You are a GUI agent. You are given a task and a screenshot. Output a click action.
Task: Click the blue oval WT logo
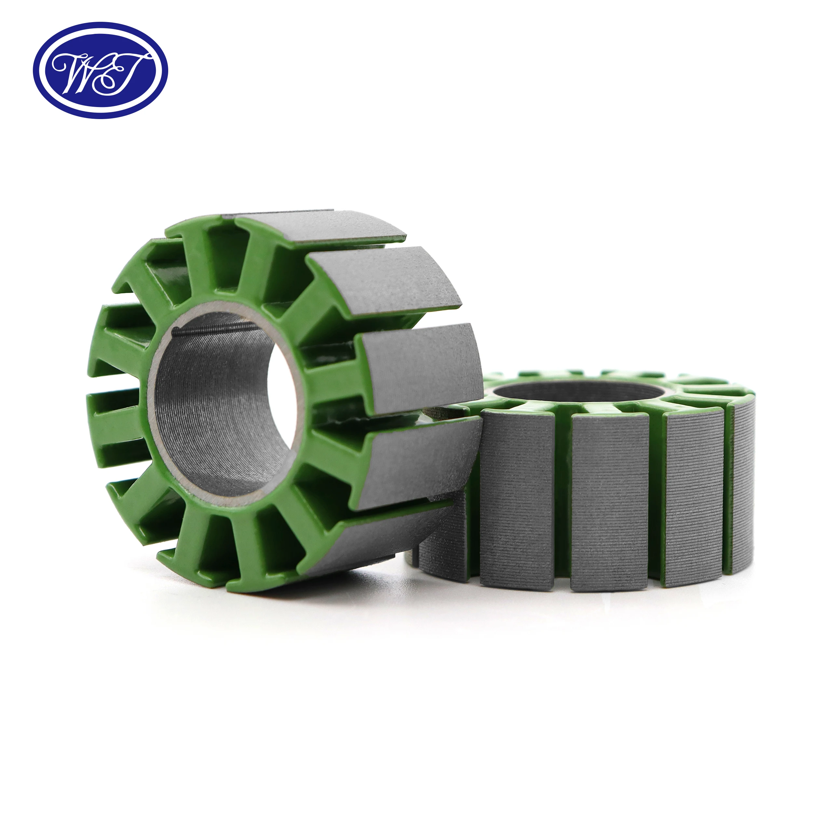[x=101, y=70]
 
